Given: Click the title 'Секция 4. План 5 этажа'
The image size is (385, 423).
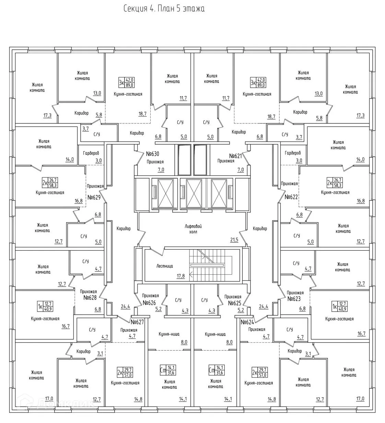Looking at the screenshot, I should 164,9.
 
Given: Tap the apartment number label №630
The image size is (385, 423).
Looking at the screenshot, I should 153,154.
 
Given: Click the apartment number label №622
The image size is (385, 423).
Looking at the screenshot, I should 291,197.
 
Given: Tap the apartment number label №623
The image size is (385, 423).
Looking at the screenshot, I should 294,298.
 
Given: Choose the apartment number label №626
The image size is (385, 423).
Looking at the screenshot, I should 150,303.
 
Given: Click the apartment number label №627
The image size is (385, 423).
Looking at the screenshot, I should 137,322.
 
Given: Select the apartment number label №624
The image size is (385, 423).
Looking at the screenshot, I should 247,322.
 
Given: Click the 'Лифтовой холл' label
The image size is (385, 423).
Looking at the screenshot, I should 192,229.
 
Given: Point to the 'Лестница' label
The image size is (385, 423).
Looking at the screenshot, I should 164,266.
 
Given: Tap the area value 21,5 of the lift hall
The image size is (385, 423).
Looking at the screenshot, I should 234,240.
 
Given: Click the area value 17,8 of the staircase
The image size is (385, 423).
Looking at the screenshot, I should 180,276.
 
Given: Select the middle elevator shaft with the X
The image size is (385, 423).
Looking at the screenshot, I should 192,193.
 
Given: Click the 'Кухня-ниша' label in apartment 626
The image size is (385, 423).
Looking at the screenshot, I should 169,334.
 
